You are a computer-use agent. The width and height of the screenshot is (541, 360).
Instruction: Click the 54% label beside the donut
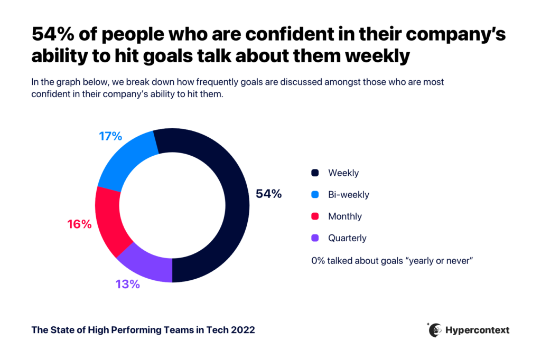coord(268,194)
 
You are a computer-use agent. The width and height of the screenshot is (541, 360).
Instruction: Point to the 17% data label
coord(110,136)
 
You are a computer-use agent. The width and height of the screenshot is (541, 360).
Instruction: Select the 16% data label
coord(79,224)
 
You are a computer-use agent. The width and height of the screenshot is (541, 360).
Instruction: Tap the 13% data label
coord(127,285)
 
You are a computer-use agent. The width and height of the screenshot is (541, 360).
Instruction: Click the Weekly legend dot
coord(315,173)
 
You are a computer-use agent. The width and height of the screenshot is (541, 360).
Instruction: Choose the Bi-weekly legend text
coord(348,194)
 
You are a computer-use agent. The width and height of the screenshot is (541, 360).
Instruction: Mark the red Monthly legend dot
coord(315,216)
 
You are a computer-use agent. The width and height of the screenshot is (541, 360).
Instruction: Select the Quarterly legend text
coord(347,238)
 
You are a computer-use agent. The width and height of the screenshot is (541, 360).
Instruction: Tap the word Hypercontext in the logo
coord(478,330)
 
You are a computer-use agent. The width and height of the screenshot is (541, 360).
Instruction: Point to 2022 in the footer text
coord(242,330)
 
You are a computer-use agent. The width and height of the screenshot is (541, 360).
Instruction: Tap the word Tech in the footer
coord(217,330)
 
